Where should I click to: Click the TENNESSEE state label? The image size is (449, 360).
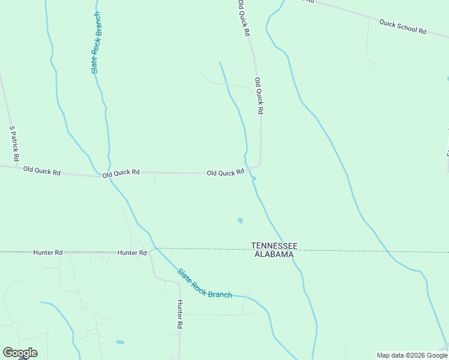point(274,246)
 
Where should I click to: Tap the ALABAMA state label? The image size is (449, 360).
point(274,254)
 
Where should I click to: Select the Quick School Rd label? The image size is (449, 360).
point(402,26)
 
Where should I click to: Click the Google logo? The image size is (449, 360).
point(20,353)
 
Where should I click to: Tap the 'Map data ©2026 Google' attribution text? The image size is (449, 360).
point(412,355)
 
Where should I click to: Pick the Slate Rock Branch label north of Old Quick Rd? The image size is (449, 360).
point(96,43)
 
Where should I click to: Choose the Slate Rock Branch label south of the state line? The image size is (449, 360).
point(205,283)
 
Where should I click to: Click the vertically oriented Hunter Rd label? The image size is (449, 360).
point(179,314)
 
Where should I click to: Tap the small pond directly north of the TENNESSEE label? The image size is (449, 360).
point(240,220)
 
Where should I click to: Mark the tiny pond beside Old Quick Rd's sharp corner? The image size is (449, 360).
point(254,178)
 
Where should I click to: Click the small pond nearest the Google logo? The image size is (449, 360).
point(120,342)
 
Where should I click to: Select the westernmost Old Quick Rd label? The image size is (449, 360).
point(42,171)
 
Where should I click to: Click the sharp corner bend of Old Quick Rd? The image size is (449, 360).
point(259,164)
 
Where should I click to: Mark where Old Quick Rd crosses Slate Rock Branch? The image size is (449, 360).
point(109,175)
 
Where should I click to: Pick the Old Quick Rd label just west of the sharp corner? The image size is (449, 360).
point(225,173)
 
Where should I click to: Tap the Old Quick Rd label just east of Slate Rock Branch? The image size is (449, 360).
point(121,173)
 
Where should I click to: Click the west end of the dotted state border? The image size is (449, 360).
point(1,252)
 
